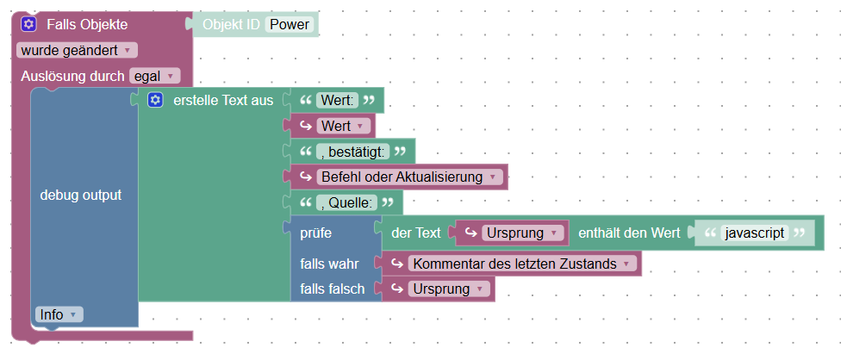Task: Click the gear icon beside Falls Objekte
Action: click(28, 24)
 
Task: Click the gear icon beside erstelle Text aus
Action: click(155, 101)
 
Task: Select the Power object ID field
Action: click(290, 24)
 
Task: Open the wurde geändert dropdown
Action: click(77, 50)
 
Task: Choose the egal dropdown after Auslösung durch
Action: click(154, 76)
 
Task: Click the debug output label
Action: click(81, 195)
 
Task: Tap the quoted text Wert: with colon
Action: click(337, 101)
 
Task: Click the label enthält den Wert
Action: click(628, 233)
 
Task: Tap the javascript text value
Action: click(755, 233)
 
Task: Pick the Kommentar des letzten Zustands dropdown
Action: click(520, 264)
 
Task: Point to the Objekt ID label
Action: click(230, 24)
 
